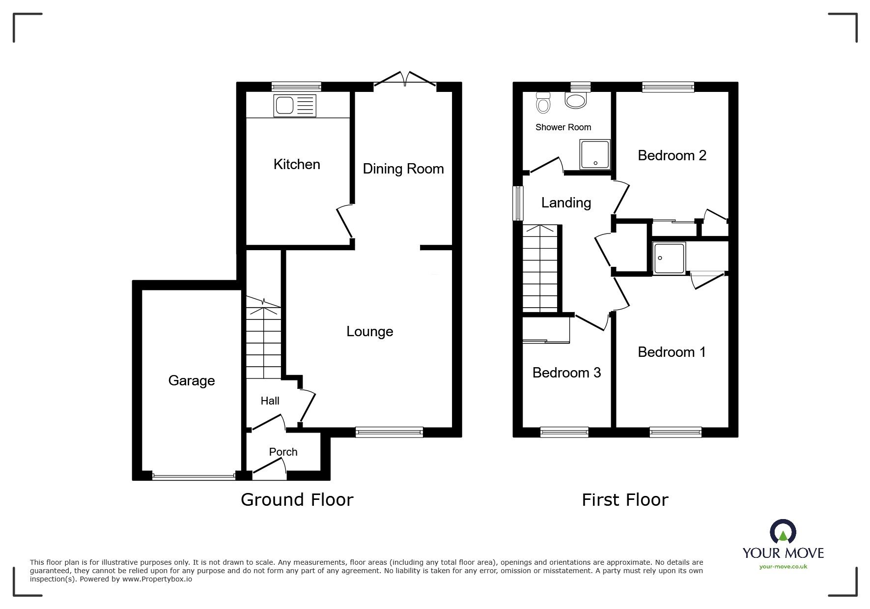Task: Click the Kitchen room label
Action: point(297,164)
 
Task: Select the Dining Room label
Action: point(403,169)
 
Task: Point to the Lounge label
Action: point(370,332)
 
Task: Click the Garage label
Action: point(192,380)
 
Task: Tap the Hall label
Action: point(270,401)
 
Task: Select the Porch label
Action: point(283,452)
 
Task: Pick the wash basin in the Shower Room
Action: point(576,100)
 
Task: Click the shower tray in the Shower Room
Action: point(595,155)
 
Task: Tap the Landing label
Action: point(566,203)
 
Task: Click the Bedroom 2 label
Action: point(672,156)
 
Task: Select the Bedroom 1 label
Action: point(672,352)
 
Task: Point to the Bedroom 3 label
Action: point(566,373)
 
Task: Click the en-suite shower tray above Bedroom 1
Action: point(669,258)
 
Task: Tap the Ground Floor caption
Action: point(297,500)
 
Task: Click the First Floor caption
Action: point(625,500)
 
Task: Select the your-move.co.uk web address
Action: point(783,567)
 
